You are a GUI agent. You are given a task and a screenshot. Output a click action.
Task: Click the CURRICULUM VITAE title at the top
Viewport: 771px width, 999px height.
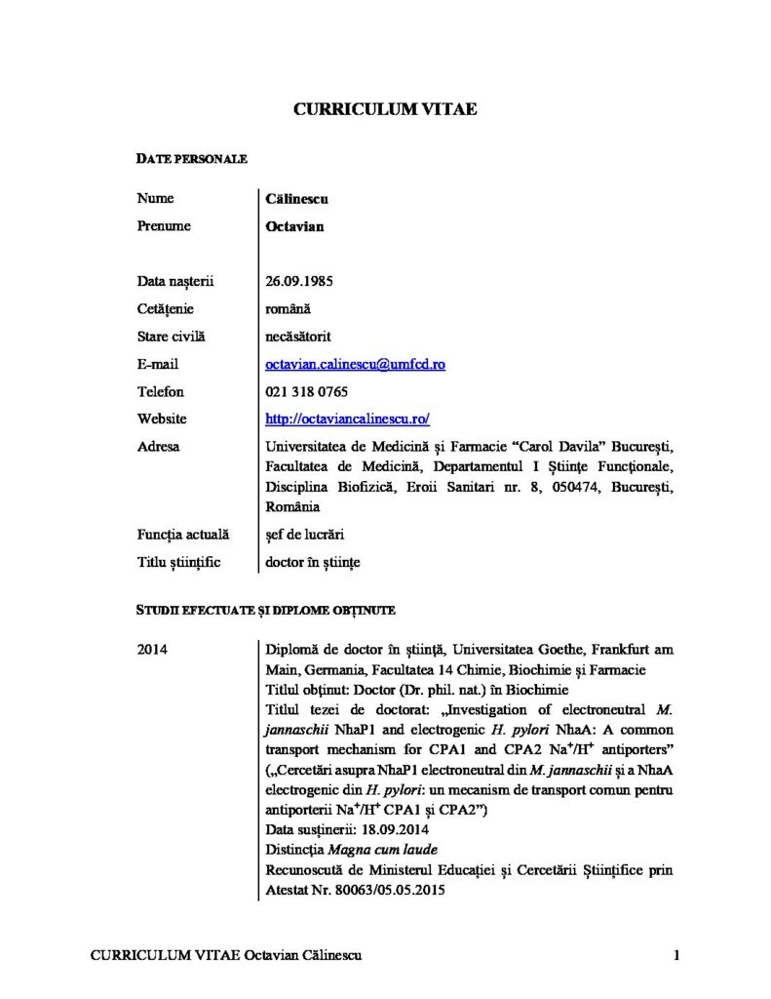point(385,109)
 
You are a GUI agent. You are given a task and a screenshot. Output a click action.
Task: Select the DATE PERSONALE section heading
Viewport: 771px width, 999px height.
point(191,158)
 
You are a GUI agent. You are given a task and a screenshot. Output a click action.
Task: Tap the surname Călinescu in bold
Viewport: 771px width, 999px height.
point(297,199)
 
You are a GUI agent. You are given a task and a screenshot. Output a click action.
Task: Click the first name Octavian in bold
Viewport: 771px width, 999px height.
point(294,226)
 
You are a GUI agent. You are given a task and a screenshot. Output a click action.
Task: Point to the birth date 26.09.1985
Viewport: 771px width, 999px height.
point(300,282)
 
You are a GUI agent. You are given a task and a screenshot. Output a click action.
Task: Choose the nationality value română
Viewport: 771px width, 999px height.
point(288,309)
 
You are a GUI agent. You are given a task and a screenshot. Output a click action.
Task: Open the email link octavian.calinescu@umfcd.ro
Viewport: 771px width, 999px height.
point(356,364)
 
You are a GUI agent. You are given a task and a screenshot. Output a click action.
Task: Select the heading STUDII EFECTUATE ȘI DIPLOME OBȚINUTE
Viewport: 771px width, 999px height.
point(264,611)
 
